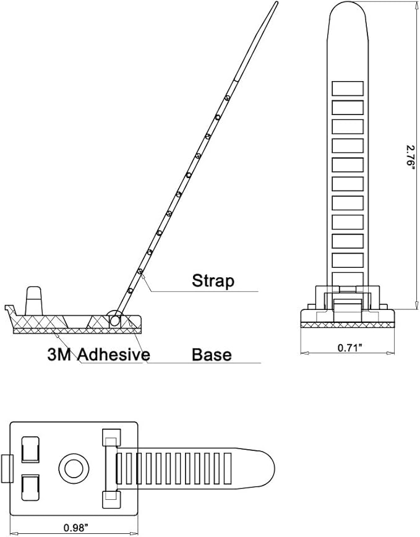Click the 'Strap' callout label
(x=213, y=280)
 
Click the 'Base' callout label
(x=212, y=354)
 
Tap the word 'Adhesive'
(x=114, y=354)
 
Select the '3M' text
(x=59, y=355)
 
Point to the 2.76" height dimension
(x=411, y=155)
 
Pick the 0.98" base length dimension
(x=76, y=528)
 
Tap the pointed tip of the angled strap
(x=276, y=2)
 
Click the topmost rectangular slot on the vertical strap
(x=348, y=88)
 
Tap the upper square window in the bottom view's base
(x=30, y=449)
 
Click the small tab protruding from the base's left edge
(x=7, y=469)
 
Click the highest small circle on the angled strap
(x=227, y=98)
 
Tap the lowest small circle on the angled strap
(x=130, y=291)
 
